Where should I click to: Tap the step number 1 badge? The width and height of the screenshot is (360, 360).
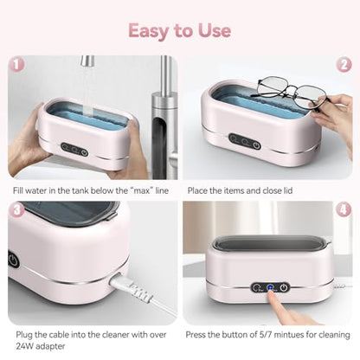pyautogui.click(x=15, y=64)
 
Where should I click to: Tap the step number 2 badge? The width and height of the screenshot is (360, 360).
pyautogui.click(x=344, y=64)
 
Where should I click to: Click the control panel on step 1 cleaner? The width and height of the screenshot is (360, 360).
pyautogui.click(x=74, y=148)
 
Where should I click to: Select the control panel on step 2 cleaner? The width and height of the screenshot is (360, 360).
pyautogui.click(x=245, y=139)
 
